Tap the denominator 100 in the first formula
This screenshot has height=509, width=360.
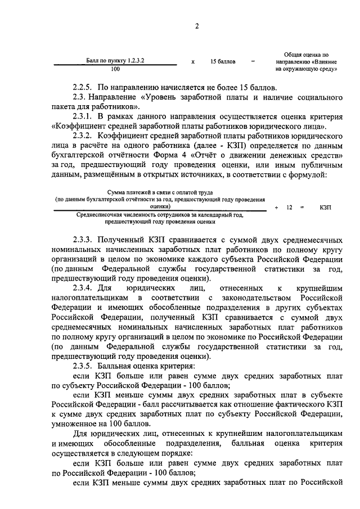(x=115, y=69)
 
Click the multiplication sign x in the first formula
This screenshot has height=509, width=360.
(x=193, y=61)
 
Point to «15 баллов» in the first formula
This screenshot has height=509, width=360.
(x=223, y=61)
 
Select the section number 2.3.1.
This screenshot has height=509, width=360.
(x=85, y=116)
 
